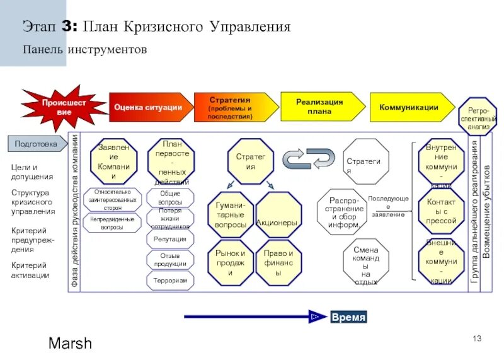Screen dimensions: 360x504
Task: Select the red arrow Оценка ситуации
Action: [x=149, y=107]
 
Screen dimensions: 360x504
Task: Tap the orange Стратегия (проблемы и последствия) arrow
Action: [x=231, y=108]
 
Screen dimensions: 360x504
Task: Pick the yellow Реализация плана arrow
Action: [x=319, y=107]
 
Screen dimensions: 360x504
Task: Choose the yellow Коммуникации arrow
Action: [x=409, y=107]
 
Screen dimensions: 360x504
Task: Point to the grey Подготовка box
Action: [x=37, y=144]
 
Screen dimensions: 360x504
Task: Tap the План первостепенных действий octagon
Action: [x=171, y=162]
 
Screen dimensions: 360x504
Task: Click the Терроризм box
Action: [x=170, y=281]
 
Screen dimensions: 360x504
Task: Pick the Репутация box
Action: [x=170, y=239]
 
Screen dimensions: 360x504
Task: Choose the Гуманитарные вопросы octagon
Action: [x=231, y=215]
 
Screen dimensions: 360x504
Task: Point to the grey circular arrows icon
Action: [x=308, y=158]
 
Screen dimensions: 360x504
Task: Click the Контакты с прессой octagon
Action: [x=441, y=211]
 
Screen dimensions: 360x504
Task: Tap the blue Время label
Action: [x=348, y=317]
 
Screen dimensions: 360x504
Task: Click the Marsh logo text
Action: [x=70, y=344]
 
